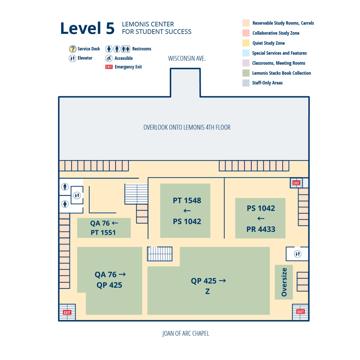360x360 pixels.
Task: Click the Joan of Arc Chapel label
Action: (186, 334)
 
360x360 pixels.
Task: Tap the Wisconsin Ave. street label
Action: (187, 58)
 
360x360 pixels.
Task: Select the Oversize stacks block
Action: (284, 282)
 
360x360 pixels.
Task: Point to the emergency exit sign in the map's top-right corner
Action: (296, 183)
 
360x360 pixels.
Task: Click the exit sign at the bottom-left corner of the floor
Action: (67, 312)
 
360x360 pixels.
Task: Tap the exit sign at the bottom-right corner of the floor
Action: (300, 312)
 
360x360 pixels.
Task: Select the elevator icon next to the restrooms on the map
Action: (77, 196)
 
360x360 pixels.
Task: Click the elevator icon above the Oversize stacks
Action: (297, 254)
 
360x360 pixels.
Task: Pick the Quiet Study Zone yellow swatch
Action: (246, 43)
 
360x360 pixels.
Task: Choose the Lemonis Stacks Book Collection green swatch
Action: (246, 73)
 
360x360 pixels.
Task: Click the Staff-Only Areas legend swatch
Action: (246, 83)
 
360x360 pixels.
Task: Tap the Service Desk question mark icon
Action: (73, 49)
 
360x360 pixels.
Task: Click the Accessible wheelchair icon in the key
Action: (109, 58)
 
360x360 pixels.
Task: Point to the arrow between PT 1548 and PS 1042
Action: (187, 211)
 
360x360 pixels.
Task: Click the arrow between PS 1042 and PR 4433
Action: (261, 219)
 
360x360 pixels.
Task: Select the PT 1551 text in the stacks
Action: (103, 232)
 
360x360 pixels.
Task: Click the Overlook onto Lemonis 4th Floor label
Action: (187, 127)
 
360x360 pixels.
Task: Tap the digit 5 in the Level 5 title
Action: (110, 28)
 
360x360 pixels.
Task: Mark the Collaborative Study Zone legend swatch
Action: (246, 33)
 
